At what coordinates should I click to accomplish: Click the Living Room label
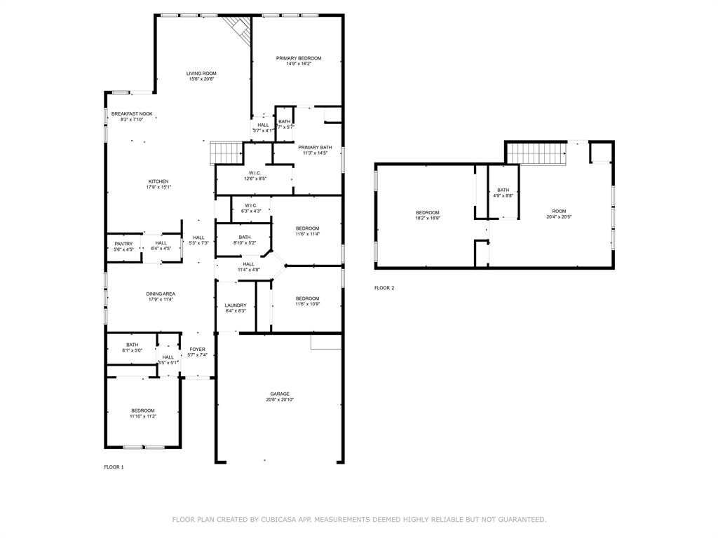click(x=201, y=74)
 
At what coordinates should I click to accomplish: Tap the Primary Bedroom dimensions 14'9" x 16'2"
click(x=299, y=64)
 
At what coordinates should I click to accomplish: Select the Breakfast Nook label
click(x=132, y=113)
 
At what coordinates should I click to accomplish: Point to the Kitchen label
click(x=158, y=181)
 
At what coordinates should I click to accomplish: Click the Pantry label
click(x=123, y=244)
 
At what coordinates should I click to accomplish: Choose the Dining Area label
click(x=161, y=294)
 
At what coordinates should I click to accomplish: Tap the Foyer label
click(x=198, y=349)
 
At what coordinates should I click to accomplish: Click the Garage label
click(x=280, y=394)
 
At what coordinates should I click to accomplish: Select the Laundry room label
click(x=236, y=305)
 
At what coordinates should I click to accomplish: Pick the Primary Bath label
click(x=315, y=147)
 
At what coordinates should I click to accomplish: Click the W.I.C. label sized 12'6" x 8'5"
click(x=255, y=173)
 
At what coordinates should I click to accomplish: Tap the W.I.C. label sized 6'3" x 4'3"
click(x=251, y=205)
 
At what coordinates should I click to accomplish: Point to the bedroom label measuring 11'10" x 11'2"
click(x=143, y=411)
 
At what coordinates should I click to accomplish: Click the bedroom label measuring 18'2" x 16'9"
click(x=428, y=213)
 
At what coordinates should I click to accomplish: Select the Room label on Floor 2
click(x=559, y=211)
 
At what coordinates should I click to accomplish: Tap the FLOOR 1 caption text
click(x=114, y=467)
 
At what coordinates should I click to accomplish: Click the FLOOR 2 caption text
click(x=384, y=288)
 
